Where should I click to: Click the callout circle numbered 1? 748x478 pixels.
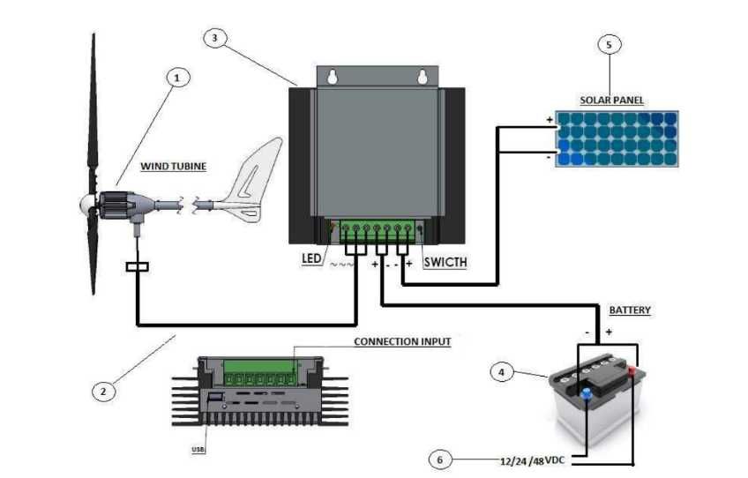click(177, 78)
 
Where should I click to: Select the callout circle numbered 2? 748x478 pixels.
click(103, 389)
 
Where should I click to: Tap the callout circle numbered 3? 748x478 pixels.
click(217, 39)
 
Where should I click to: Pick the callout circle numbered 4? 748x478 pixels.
click(502, 373)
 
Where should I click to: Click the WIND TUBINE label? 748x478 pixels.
click(173, 166)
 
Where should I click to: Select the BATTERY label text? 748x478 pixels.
click(629, 310)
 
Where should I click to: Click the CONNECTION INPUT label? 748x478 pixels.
click(401, 341)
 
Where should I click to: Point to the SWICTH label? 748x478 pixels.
click(445, 263)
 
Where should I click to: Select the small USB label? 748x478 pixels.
click(198, 450)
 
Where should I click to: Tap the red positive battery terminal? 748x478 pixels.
click(632, 370)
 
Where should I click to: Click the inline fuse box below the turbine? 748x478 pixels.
click(138, 266)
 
